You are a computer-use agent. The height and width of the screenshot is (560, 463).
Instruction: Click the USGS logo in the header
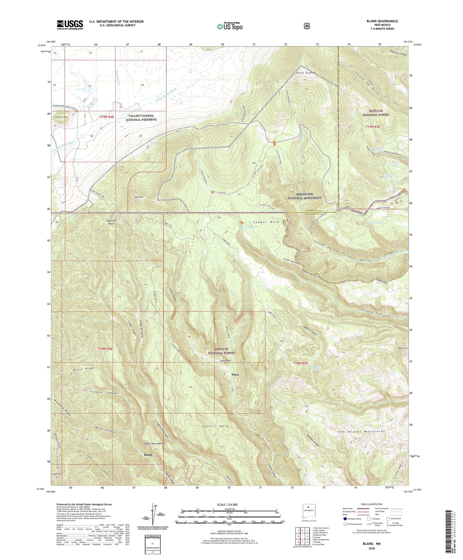click(70, 25)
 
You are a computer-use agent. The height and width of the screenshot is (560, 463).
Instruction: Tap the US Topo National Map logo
click(229, 26)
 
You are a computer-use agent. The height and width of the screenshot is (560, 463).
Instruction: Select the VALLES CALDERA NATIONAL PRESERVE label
click(141, 117)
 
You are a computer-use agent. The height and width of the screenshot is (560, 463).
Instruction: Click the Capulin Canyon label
click(310, 329)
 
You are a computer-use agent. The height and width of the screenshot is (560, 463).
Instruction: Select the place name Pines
click(236, 374)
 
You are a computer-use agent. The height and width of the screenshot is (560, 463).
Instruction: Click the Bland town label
click(148, 454)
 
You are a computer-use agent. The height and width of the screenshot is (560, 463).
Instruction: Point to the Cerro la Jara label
click(61, 117)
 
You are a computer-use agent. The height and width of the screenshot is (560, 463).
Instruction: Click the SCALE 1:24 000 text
click(228, 505)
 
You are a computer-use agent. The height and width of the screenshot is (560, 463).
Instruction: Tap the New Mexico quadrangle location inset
click(309, 510)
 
